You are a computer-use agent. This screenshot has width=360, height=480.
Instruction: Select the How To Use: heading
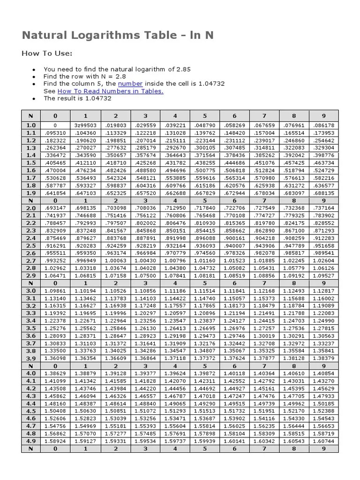tap(47, 53)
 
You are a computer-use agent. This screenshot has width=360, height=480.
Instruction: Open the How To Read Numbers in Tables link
tap(110, 91)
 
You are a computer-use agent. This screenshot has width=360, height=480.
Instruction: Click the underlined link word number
tap(130, 83)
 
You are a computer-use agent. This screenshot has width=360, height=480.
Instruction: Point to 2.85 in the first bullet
tap(183, 69)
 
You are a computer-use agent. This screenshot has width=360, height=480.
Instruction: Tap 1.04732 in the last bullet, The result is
tap(98, 98)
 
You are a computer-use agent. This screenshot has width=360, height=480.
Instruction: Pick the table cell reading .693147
tap(55, 208)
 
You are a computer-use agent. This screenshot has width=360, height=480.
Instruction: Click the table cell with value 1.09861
tap(55, 291)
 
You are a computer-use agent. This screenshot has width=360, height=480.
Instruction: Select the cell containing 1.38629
tap(55, 374)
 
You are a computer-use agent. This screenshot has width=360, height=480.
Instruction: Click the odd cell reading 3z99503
tap(85, 126)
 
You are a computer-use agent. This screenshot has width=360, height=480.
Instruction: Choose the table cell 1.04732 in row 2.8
tap(204, 268)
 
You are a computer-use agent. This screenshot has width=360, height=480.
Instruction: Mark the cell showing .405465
tap(55, 163)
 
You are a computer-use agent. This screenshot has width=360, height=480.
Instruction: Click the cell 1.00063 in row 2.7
tap(115, 261)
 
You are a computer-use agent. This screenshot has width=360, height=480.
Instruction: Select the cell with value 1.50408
tap(55, 411)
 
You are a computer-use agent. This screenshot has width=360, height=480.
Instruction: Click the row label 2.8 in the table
tap(31, 268)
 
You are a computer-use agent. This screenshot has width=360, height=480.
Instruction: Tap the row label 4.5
tap(31, 411)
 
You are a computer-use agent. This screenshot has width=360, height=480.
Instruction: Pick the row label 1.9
tap(31, 193)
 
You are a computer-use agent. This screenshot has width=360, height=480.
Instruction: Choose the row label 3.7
tap(31, 344)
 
